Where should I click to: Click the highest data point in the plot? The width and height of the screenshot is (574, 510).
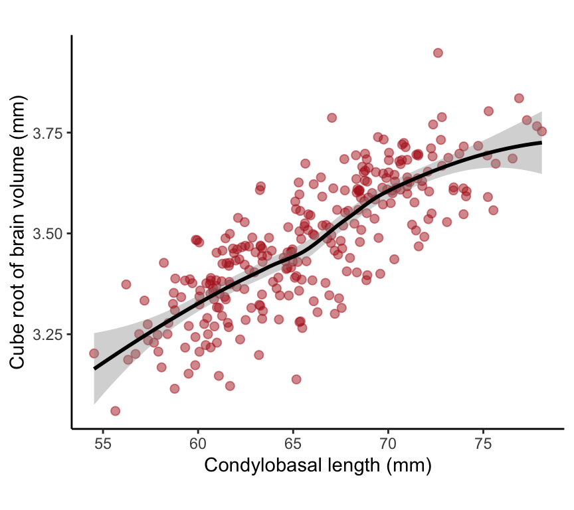[x=438, y=53]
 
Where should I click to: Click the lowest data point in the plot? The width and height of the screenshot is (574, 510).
[x=115, y=411]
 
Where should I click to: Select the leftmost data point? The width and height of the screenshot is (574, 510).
[x=94, y=353]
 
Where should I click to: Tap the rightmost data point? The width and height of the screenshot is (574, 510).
[x=541, y=131]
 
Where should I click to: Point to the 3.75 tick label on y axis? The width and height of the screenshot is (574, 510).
[x=48, y=133]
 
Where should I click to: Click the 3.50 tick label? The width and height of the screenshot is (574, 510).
[x=48, y=234]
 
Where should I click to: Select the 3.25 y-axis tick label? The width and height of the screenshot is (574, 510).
[x=48, y=334]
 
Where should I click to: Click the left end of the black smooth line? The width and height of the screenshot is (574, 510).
[x=94, y=368]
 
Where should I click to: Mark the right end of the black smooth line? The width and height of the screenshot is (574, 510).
[x=541, y=143]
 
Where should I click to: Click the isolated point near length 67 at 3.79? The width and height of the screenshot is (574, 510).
[x=332, y=118]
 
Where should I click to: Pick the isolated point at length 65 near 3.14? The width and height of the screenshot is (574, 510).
[x=296, y=379]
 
